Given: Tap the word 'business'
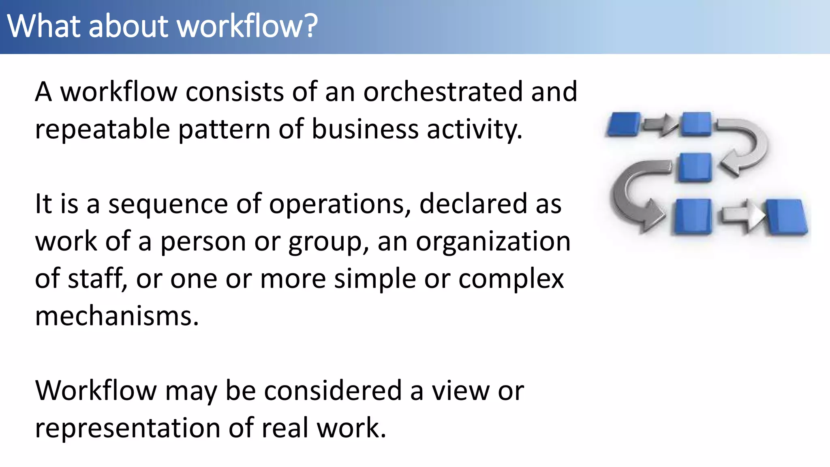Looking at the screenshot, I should [364, 129].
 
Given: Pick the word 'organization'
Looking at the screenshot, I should [493, 241].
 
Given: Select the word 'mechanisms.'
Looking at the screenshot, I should [117, 316].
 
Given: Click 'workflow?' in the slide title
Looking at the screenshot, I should [248, 26].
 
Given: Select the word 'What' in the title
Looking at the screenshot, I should [43, 26].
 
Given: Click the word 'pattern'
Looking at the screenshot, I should [224, 130].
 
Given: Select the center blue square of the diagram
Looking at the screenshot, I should [695, 167].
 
